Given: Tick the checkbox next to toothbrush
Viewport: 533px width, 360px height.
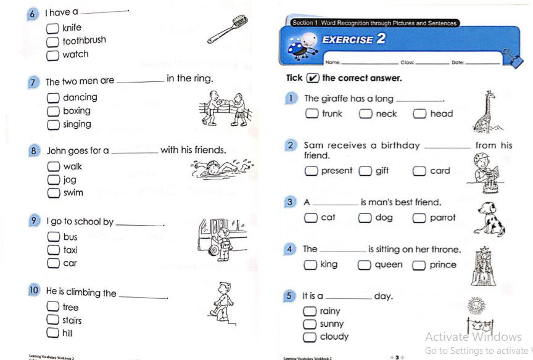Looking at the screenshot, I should [x=53, y=42].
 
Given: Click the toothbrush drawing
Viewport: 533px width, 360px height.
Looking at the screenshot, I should [x=227, y=28].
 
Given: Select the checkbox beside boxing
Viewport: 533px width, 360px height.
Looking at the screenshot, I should [x=54, y=112].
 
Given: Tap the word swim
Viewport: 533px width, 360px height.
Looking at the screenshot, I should [x=73, y=193].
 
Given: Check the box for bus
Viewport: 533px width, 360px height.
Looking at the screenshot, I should [x=54, y=237].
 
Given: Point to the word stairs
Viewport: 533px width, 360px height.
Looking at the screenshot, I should [x=72, y=321].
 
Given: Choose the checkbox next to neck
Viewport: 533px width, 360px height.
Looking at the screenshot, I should [x=366, y=114].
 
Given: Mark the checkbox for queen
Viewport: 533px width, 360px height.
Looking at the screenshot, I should [x=365, y=266].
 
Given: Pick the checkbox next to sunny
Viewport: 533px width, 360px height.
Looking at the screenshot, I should [x=310, y=325].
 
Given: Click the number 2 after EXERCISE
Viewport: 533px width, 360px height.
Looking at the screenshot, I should [x=381, y=38].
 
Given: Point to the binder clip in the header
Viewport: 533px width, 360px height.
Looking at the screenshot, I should [x=511, y=57].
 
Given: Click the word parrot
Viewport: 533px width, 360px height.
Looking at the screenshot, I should [x=443, y=218].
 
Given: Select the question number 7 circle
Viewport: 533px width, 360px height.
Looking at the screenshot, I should [x=35, y=81].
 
